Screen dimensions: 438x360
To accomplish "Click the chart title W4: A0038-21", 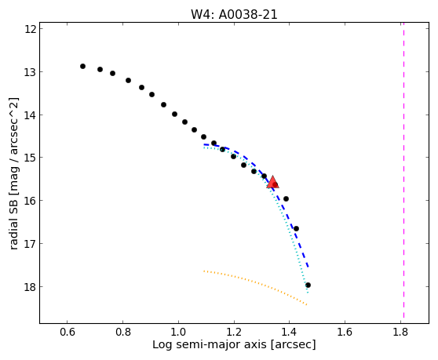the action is click(x=234, y=15).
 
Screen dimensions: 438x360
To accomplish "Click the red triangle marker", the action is click(x=272, y=182).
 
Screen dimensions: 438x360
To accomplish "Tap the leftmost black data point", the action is click(x=82, y=66).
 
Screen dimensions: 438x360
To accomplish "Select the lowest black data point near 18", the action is click(x=308, y=285).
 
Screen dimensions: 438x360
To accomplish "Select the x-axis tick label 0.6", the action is click(x=67, y=332).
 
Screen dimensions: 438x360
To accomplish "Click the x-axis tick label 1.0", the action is click(x=178, y=332).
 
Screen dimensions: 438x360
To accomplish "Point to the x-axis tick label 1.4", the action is click(x=289, y=332).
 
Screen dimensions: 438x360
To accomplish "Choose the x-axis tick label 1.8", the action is click(x=400, y=332).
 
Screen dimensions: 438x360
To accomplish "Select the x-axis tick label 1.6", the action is click(x=345, y=332).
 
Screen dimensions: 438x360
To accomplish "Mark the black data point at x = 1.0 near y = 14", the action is click(x=174, y=114).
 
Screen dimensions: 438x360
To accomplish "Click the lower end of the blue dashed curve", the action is click(x=308, y=267).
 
